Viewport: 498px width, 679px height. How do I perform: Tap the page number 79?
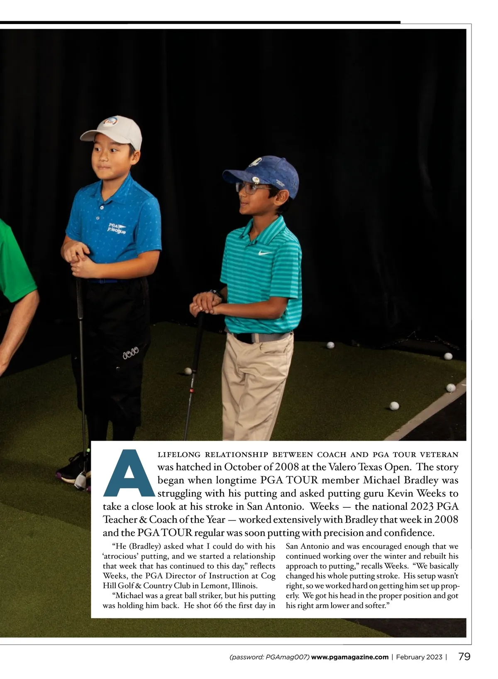464,657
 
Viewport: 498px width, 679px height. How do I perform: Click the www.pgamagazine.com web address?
350,657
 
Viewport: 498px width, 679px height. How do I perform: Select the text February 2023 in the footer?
419,657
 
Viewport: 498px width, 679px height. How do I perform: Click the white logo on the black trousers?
131,354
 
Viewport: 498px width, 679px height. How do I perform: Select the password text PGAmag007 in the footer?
286,657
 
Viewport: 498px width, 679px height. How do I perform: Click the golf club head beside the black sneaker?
81,481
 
